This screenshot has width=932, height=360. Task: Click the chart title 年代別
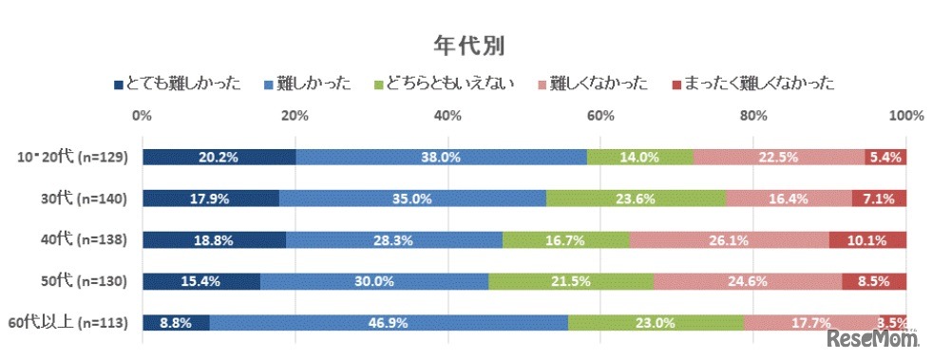point(466,46)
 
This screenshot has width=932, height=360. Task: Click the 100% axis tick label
point(905,116)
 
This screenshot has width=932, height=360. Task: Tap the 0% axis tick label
point(143,116)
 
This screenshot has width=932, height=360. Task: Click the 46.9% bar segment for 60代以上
point(389,323)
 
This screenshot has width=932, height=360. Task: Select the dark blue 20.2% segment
point(219,158)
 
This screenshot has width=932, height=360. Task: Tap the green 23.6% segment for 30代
point(636,199)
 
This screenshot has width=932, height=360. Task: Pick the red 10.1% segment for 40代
point(867,240)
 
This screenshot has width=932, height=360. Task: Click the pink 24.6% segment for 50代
point(748,281)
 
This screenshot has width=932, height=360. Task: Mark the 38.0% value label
point(442,158)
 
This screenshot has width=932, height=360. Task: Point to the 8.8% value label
point(177,323)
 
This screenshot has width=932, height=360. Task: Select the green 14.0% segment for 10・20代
point(640,158)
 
